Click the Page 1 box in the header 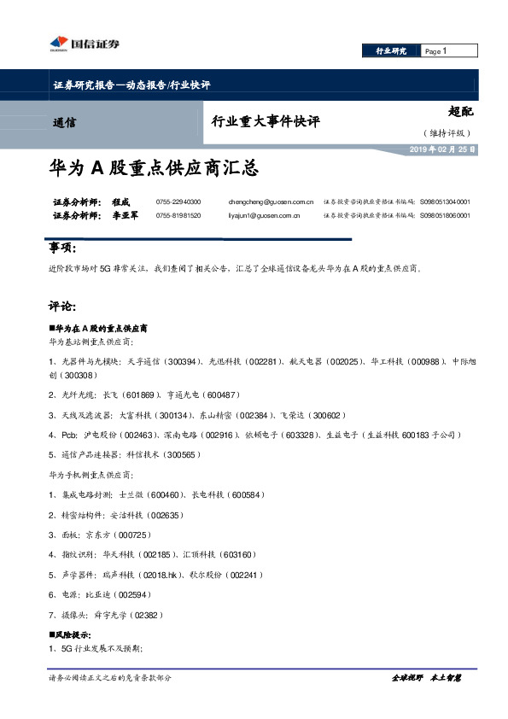tap(449, 51)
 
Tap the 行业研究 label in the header tap(391, 51)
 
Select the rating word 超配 tap(460, 112)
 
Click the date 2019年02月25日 tap(441, 149)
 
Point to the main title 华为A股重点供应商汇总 tap(154, 167)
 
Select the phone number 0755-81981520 tap(178, 216)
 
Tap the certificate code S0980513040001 tap(445, 202)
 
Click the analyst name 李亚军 tap(124, 216)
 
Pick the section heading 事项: tap(62, 248)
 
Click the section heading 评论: tap(62, 306)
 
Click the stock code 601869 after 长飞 tap(142, 395)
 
